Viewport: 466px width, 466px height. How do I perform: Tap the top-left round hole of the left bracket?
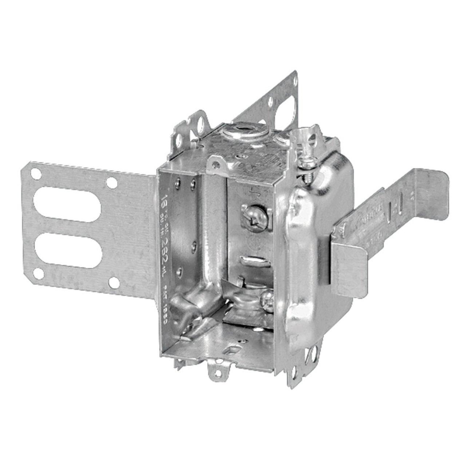click(35, 174)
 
